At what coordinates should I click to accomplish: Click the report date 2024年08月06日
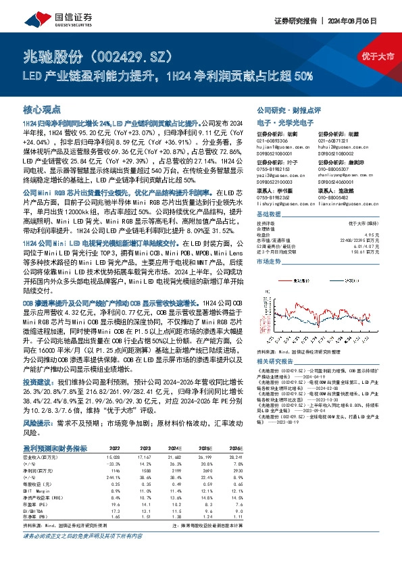click(x=371, y=22)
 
